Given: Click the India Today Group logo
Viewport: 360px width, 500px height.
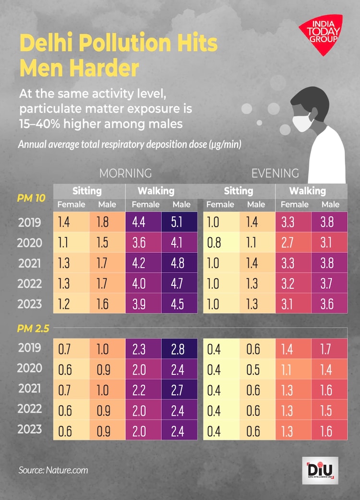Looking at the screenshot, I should [321, 33].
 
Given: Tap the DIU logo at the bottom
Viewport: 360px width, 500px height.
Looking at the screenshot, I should [322, 470].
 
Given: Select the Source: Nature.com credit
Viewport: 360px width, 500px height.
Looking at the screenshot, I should [53, 470].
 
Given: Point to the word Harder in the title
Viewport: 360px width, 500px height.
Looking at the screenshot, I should [79, 68].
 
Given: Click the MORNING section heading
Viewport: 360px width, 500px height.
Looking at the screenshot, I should [125, 173].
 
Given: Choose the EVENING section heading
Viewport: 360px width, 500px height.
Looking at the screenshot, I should [275, 173].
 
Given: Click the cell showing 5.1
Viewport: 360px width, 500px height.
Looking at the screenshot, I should [179, 223].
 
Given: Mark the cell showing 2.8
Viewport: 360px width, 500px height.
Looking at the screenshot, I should [179, 349].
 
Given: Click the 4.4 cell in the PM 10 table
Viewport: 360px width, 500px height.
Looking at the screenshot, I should [143, 223].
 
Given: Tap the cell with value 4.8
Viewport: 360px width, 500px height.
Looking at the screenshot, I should [179, 263].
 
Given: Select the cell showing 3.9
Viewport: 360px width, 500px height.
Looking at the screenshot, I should [143, 304].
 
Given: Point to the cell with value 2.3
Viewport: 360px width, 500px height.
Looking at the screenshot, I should [143, 349].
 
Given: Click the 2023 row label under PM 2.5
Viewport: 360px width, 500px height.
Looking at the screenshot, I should [30, 429].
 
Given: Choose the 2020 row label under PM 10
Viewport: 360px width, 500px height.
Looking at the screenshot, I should [30, 243].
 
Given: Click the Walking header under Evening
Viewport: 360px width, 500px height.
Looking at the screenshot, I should [307, 191].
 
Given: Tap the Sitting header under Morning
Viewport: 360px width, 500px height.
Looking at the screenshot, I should [87, 191].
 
